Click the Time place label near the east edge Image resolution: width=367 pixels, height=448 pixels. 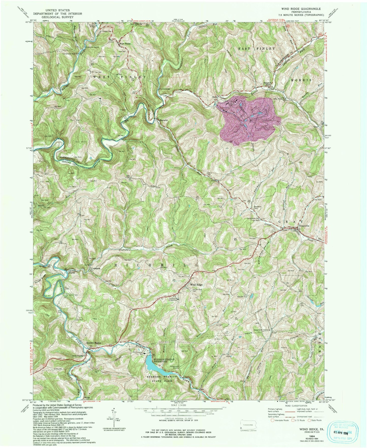pos(316,127)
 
